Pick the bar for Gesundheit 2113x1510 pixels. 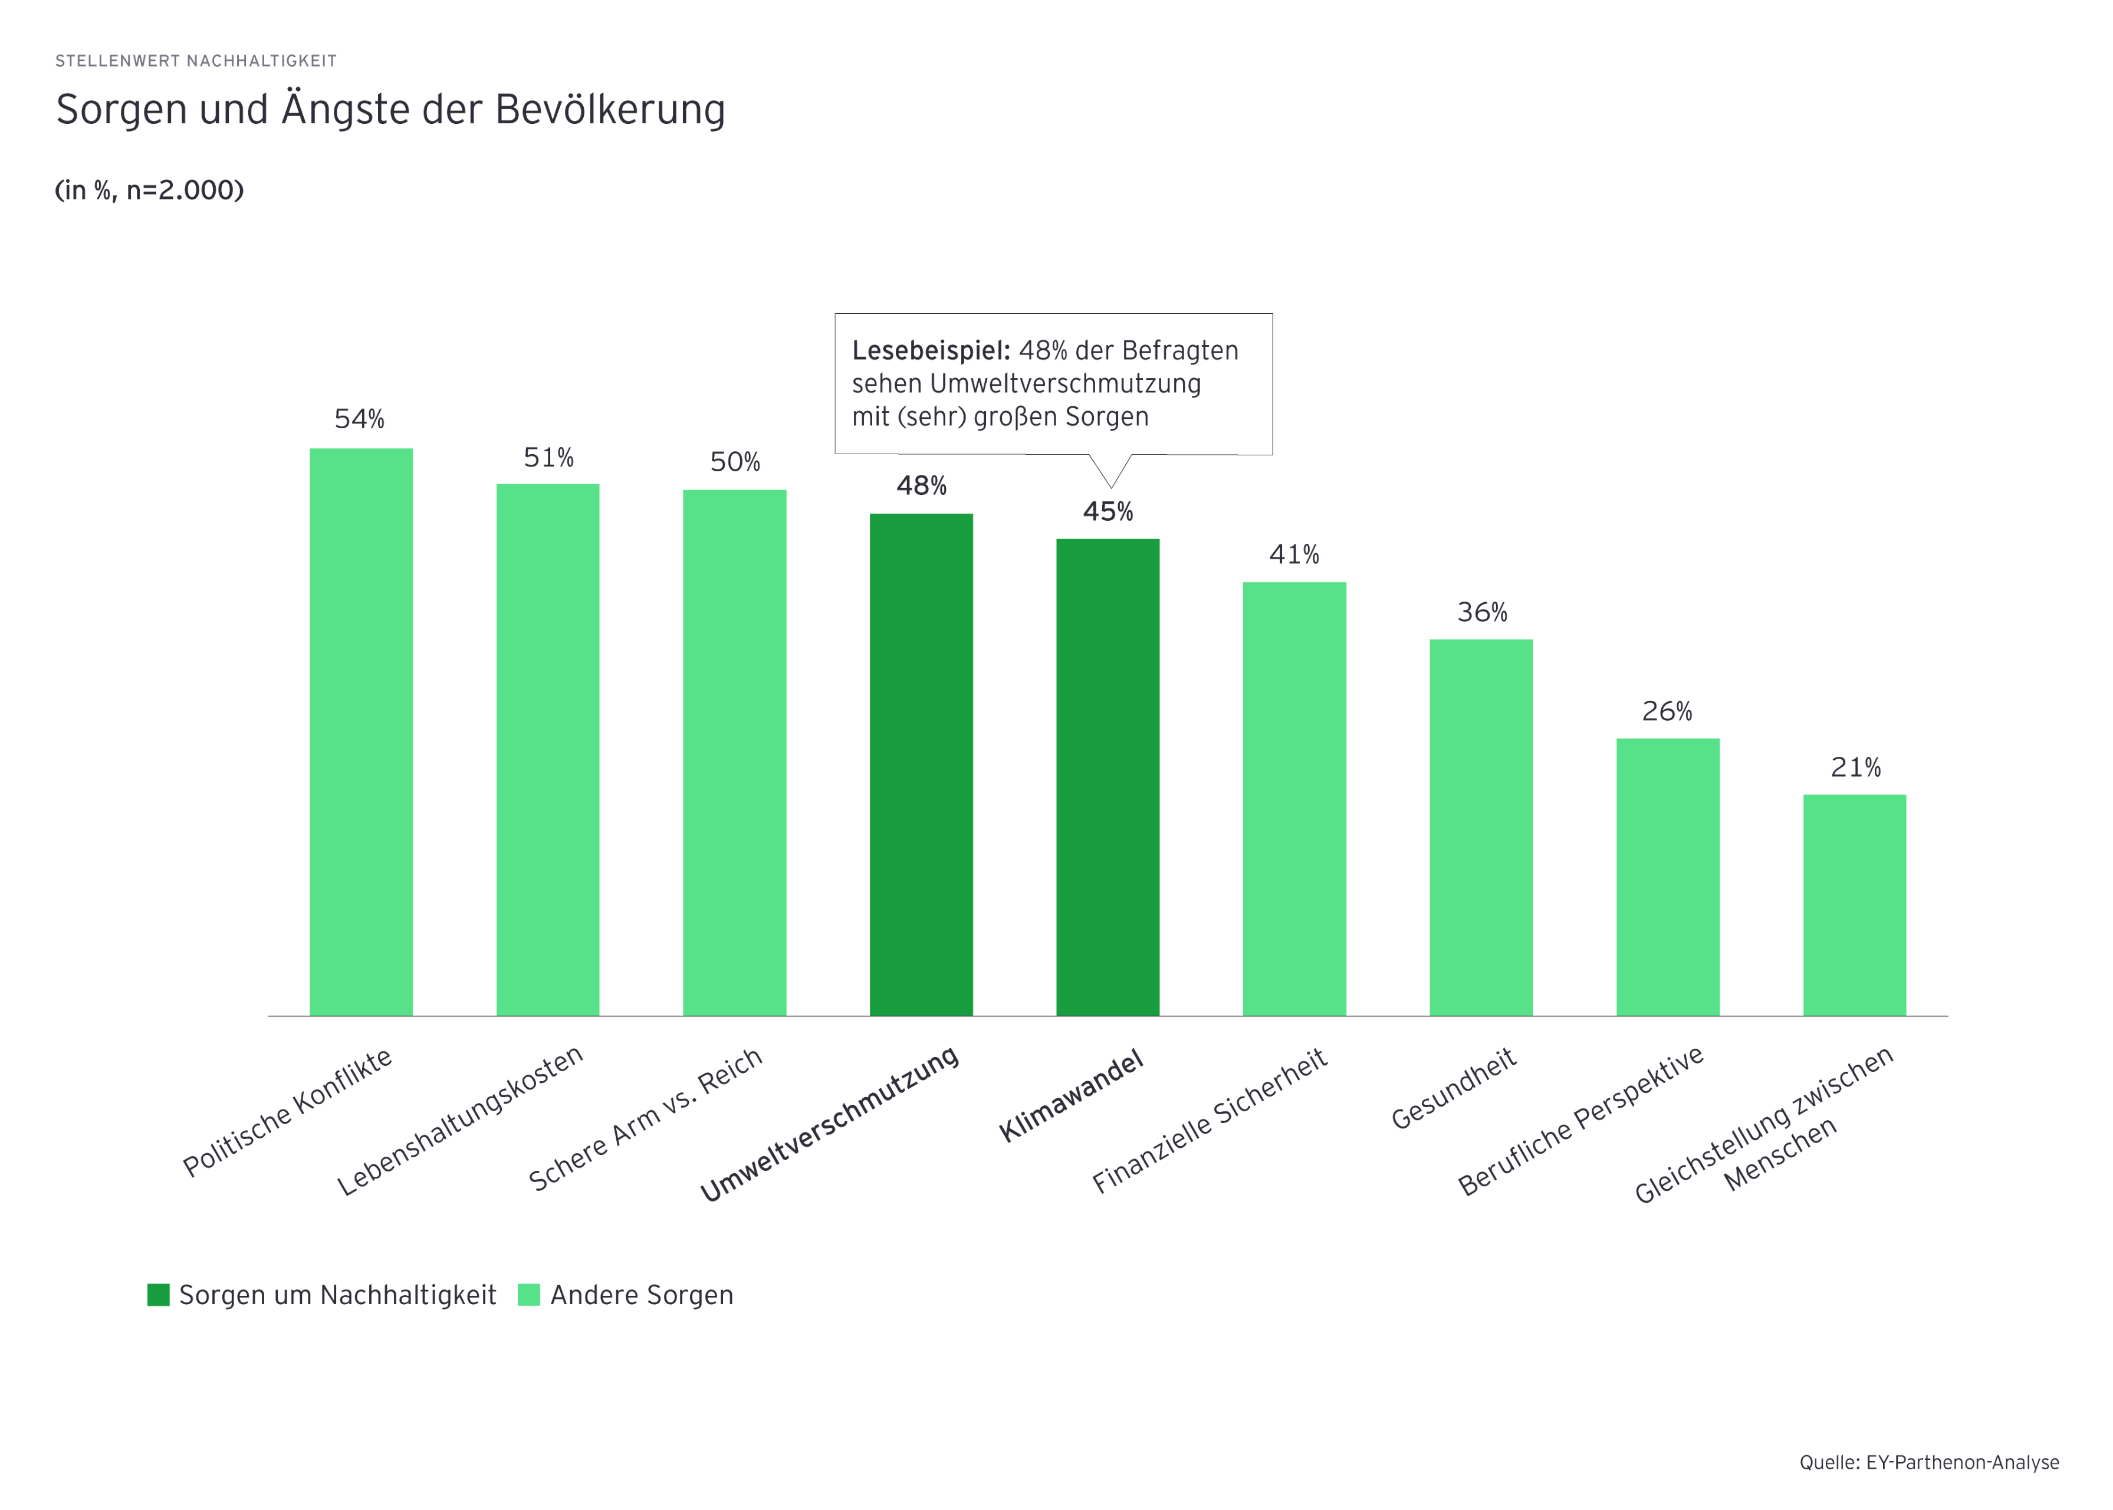[1481, 828]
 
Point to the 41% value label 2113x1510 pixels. [1294, 555]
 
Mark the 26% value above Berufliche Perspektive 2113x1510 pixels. [1667, 712]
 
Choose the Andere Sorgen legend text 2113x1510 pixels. [642, 1295]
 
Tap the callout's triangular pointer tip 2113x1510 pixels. [1110, 485]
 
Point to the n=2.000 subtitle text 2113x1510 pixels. [184, 191]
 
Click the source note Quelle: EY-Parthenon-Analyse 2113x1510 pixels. [1929, 1463]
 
